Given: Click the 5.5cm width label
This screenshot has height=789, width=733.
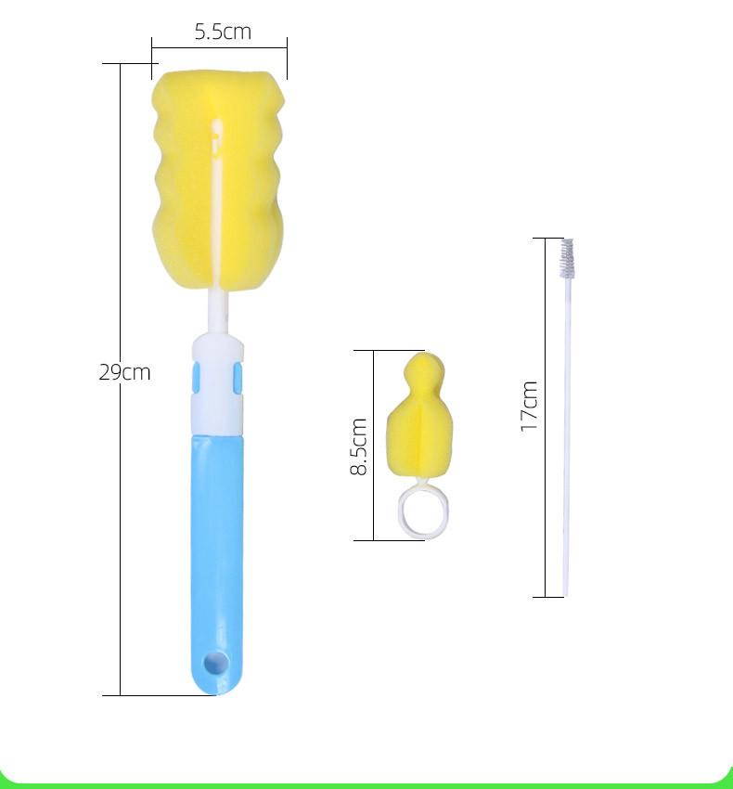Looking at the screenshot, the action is [223, 32].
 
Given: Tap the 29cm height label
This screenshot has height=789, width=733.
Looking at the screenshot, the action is [124, 372].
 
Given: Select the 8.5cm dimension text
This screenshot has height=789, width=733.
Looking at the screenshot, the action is [358, 446].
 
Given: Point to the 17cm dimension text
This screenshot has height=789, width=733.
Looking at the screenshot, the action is [529, 407].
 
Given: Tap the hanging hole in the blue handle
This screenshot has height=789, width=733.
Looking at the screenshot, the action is [216, 663].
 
